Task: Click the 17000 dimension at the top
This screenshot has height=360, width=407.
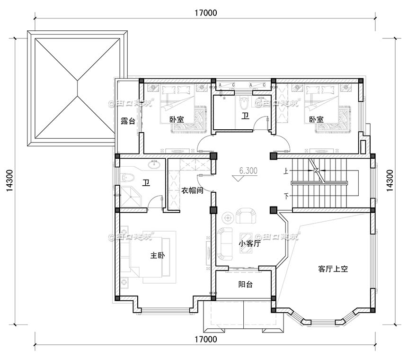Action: [205, 13]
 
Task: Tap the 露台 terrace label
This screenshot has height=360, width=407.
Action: [128, 121]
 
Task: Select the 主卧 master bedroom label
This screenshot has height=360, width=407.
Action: [158, 255]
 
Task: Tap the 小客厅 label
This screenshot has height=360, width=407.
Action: [250, 244]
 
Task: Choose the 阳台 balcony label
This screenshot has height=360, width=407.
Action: [245, 284]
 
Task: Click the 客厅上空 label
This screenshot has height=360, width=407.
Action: [333, 269]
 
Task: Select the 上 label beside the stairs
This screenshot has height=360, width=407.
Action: [285, 171]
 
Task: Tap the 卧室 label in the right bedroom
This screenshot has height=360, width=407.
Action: [316, 120]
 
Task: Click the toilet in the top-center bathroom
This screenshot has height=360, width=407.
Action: [244, 102]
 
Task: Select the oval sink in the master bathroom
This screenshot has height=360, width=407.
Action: [154, 165]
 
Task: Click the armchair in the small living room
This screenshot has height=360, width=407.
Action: [245, 216]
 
